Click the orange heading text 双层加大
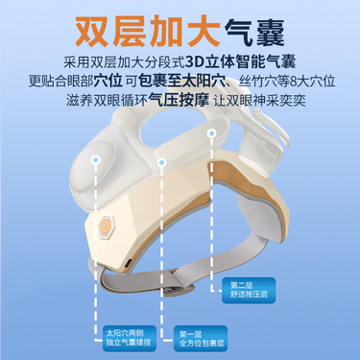click(148, 32)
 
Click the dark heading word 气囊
click(254, 33)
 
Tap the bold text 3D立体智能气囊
click(240, 62)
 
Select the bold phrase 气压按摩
click(180, 100)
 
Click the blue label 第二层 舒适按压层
click(249, 290)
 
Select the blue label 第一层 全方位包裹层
click(201, 339)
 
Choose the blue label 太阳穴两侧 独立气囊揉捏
click(130, 338)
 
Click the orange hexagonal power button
click(106, 227)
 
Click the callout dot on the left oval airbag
click(96, 159)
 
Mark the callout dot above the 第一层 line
click(161, 162)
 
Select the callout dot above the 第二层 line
click(210, 132)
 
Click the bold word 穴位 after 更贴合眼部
click(108, 81)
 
